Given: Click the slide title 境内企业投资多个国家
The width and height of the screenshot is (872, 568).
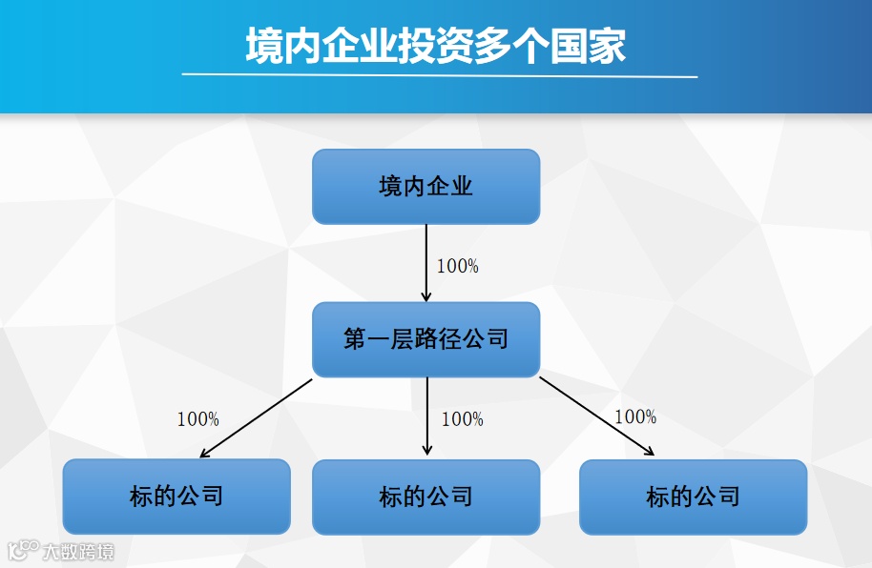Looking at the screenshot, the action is [435, 45].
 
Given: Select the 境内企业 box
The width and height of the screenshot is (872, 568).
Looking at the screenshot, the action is [426, 187].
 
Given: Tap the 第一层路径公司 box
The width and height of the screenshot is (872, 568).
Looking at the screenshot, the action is [426, 339].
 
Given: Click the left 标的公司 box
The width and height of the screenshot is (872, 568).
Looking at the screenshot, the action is [176, 497].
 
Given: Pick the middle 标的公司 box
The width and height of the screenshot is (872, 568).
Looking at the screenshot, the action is [426, 497].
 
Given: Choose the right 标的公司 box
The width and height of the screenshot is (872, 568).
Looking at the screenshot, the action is [693, 497].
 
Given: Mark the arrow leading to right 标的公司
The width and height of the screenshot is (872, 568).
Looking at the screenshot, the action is [596, 417].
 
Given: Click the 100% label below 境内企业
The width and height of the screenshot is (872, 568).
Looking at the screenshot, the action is [458, 267].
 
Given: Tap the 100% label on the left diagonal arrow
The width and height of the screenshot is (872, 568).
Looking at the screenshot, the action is [197, 419].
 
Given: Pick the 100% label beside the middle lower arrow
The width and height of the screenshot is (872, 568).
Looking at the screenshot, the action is [463, 419].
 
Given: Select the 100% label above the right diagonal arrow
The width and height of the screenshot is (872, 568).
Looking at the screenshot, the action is [635, 417].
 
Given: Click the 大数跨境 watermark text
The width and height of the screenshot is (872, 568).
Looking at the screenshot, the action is [78, 551].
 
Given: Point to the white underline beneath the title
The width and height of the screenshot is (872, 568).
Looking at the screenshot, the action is [439, 75].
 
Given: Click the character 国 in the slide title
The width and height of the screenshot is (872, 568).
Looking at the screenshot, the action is [569, 45].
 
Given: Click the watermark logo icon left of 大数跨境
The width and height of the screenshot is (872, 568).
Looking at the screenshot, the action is [22, 550].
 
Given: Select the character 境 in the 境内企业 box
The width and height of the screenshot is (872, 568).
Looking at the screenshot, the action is [389, 187].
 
